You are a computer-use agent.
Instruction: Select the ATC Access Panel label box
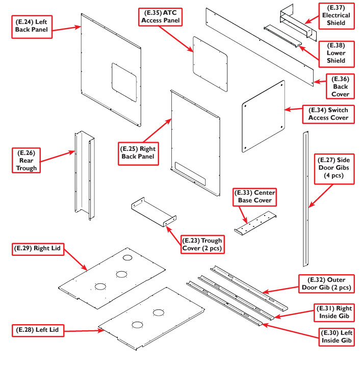(x=159, y=16)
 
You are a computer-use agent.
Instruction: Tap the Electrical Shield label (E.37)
(x=336, y=15)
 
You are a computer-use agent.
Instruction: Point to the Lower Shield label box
(x=336, y=53)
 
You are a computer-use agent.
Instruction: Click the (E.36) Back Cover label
(x=340, y=87)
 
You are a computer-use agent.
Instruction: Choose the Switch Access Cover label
(x=328, y=114)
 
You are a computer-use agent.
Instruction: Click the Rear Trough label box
(x=27, y=160)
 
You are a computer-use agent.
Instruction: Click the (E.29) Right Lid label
(x=36, y=249)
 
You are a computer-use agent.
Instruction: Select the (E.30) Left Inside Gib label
(x=336, y=336)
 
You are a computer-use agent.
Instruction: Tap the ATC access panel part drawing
(x=210, y=64)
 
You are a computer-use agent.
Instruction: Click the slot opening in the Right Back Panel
(x=190, y=174)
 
